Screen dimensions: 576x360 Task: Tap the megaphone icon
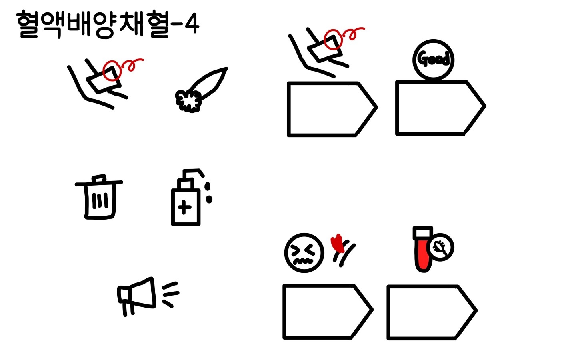pyautogui.click(x=144, y=296)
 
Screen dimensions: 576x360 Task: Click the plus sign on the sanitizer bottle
pyautogui.click(x=184, y=207)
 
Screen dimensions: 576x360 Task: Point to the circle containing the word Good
pyautogui.click(x=433, y=60)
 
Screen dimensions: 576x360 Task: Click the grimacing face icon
pyautogui.click(x=304, y=252)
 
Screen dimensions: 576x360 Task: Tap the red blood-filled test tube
pyautogui.click(x=423, y=254)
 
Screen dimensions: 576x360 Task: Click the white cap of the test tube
pyautogui.click(x=423, y=233)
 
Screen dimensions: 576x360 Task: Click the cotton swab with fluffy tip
pyautogui.click(x=200, y=90)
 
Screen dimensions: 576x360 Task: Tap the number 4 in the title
pyautogui.click(x=192, y=24)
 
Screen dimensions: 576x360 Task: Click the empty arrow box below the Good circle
pyautogui.click(x=440, y=108)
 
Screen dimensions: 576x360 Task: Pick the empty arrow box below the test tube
pyautogui.click(x=432, y=312)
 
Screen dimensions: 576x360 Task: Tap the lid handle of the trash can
pyautogui.click(x=99, y=178)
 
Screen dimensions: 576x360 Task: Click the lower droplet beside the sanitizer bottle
pyautogui.click(x=209, y=199)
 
